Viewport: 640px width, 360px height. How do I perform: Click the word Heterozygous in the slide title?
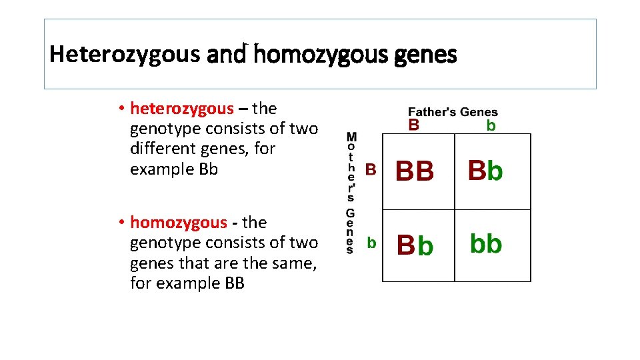click(x=125, y=54)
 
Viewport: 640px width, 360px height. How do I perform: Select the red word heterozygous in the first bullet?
click(x=182, y=108)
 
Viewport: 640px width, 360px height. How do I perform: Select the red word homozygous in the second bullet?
click(x=179, y=222)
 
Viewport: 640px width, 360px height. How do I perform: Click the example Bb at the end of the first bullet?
click(x=208, y=169)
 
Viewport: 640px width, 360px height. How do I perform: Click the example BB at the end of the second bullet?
click(x=234, y=283)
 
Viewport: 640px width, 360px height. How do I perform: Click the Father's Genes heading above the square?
click(x=453, y=112)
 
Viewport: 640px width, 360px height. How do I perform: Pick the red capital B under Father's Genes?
click(x=414, y=125)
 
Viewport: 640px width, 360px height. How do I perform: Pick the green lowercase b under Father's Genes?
click(x=491, y=126)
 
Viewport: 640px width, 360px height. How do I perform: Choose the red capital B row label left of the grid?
click(x=371, y=170)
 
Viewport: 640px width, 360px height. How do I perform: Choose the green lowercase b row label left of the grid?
click(x=371, y=243)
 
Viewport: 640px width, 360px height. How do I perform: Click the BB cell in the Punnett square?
click(x=415, y=172)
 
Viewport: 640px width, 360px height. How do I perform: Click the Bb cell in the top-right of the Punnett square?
click(x=485, y=171)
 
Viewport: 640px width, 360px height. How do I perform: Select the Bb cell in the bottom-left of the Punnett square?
click(x=415, y=245)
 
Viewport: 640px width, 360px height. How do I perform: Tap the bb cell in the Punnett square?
click(x=486, y=244)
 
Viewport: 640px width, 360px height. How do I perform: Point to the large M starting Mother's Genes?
click(x=351, y=138)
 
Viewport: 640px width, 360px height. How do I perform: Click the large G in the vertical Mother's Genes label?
click(x=351, y=214)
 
